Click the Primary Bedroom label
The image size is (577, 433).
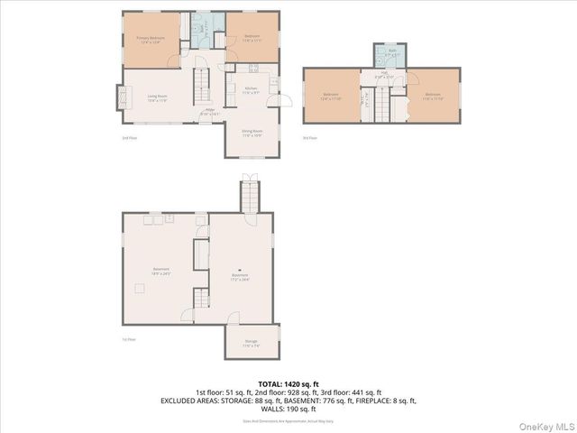click(x=148, y=40)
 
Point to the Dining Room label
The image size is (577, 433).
click(x=252, y=133)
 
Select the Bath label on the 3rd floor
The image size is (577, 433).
click(x=392, y=53)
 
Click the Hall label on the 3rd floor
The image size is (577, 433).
click(x=370, y=76)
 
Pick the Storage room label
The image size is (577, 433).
click(x=250, y=344)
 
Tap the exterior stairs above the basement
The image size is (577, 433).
click(x=249, y=193)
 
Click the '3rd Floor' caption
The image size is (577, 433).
click(x=313, y=137)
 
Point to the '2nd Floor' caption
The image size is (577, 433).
click(x=130, y=137)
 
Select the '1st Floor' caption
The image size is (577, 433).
click(x=130, y=339)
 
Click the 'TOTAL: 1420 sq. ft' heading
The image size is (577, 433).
click(x=288, y=383)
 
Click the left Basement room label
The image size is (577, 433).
click(x=162, y=270)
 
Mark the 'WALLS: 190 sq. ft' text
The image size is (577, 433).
click(x=288, y=409)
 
